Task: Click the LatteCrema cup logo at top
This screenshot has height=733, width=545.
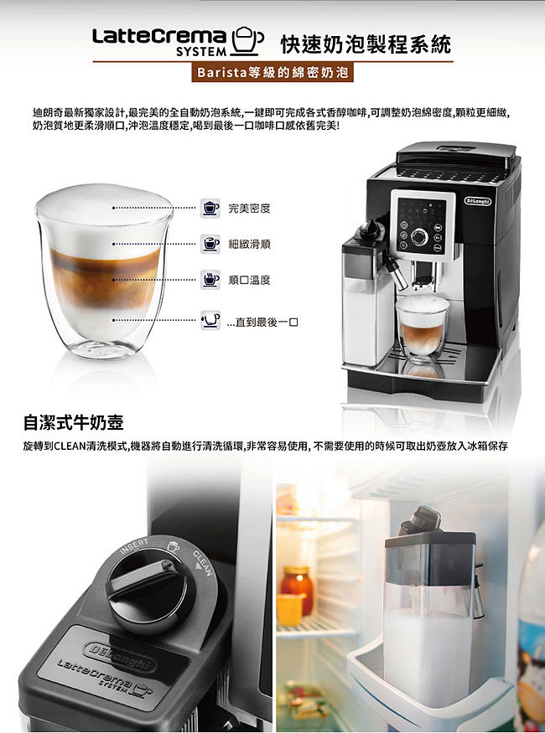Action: click(247, 40)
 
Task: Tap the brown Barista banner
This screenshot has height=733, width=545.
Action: click(272, 73)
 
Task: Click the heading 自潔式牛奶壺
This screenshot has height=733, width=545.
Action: click(74, 422)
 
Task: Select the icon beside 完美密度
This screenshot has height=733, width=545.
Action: click(210, 208)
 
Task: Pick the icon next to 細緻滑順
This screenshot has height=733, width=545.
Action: click(210, 244)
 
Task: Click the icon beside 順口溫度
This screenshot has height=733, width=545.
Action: click(210, 280)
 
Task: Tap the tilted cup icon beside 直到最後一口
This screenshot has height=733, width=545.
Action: click(210, 320)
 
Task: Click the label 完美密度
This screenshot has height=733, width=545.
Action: click(249, 209)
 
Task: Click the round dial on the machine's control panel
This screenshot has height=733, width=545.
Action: click(419, 237)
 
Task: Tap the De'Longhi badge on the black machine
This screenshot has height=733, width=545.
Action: click(478, 201)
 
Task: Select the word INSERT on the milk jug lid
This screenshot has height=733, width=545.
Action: click(134, 546)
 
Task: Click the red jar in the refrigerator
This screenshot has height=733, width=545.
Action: click(297, 590)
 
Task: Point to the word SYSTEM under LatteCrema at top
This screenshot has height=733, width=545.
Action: click(201, 52)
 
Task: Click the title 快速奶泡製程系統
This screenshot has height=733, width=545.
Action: click(366, 44)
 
